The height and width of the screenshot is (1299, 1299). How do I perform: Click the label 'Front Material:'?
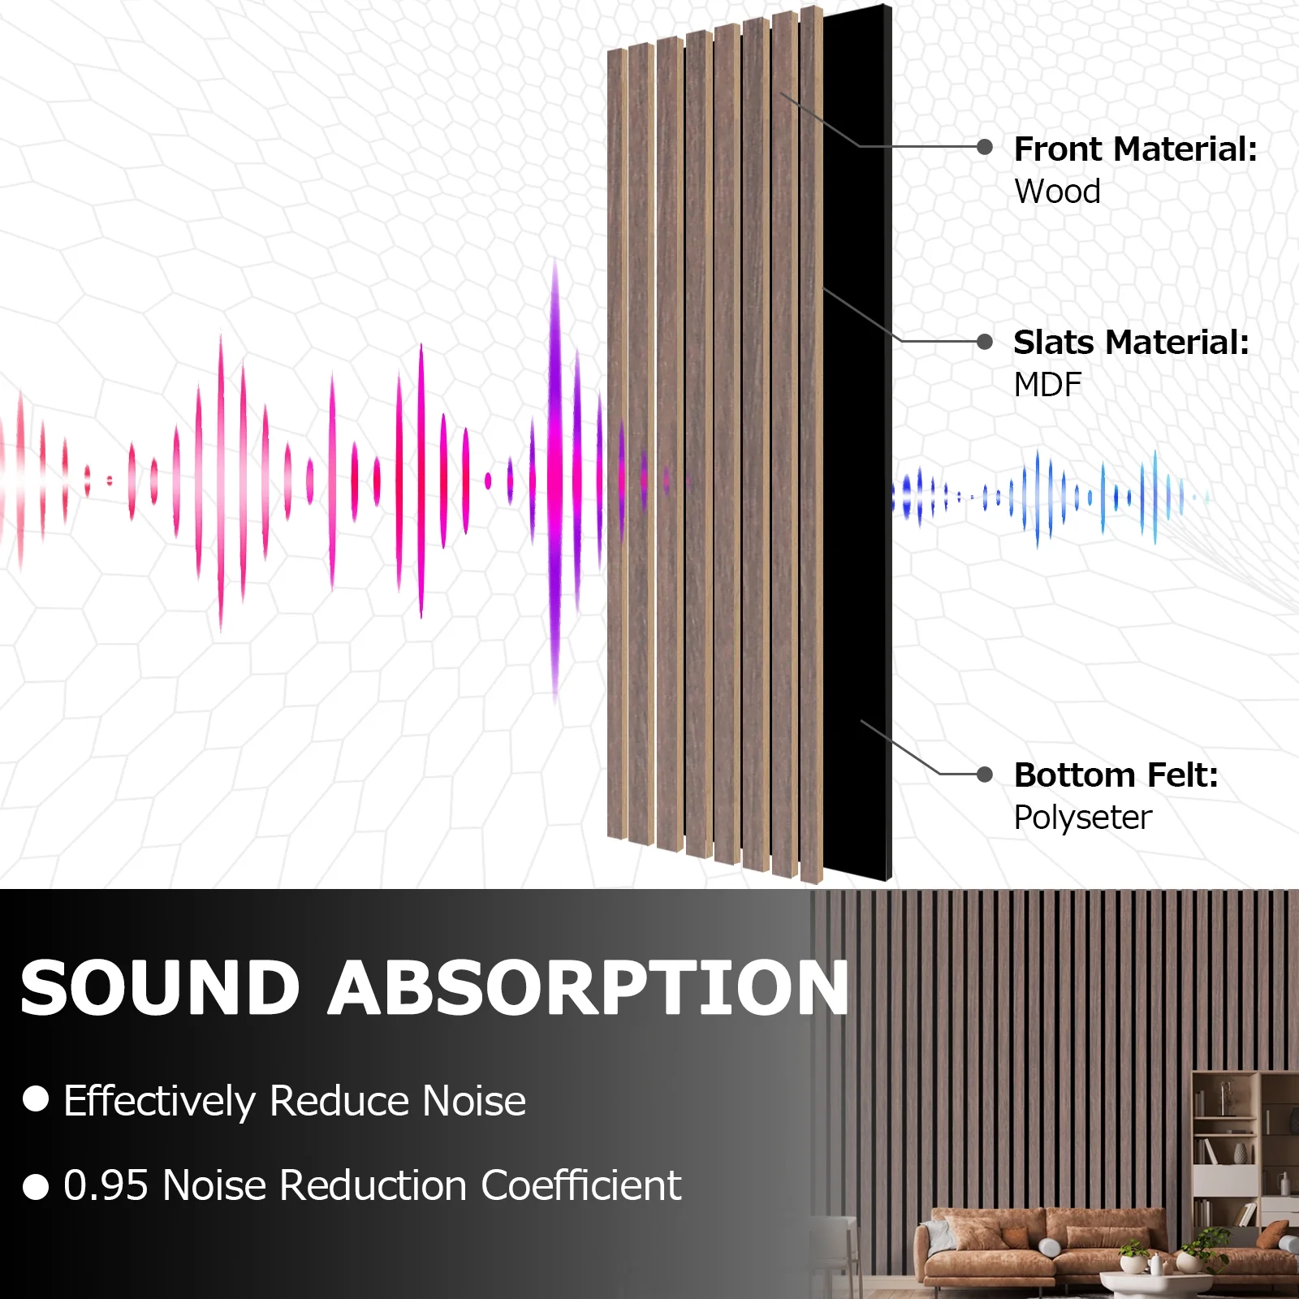tap(1136, 149)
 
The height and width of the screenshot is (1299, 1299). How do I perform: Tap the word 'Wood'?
tap(1057, 192)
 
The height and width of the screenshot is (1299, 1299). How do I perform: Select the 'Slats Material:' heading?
tap(1131, 343)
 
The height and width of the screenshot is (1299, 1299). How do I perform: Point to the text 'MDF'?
tap(1047, 385)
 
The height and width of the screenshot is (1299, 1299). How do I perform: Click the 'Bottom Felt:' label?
tap(1116, 775)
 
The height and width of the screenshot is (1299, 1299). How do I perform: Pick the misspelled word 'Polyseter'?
tap(1083, 818)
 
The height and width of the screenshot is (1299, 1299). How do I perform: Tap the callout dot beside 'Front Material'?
tap(985, 147)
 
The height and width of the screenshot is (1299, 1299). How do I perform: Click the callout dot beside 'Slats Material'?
tap(985, 342)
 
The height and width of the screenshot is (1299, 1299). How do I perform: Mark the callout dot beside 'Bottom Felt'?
tap(985, 775)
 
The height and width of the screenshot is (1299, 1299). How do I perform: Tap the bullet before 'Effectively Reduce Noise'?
tap(36, 1098)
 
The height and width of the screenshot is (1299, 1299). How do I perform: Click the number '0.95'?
tap(106, 1185)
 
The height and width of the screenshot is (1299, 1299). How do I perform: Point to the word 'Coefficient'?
tap(581, 1185)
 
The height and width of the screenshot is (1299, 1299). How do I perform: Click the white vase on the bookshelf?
tap(1240, 1154)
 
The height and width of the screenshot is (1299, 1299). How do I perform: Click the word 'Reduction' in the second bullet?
tap(373, 1185)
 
